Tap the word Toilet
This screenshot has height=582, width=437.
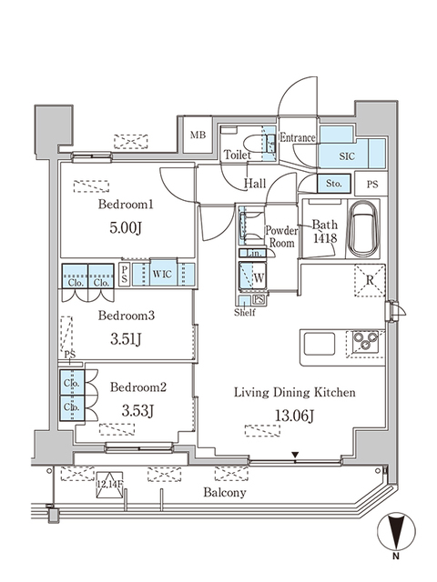[237, 156]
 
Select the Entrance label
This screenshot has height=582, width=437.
[298, 138]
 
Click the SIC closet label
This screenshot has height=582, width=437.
[346, 156]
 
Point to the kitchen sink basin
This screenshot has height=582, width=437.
[320, 345]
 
